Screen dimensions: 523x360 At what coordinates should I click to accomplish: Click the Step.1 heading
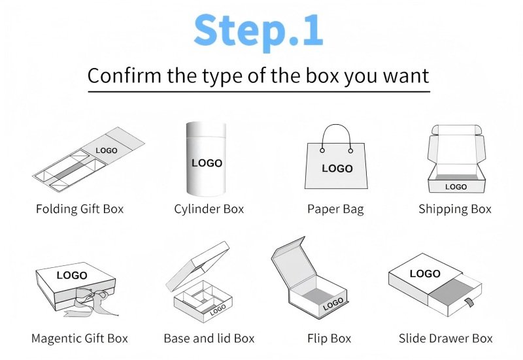(258, 31)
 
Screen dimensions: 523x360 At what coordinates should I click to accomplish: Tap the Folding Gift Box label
(80, 209)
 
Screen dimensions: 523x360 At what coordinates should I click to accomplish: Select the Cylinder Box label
(209, 209)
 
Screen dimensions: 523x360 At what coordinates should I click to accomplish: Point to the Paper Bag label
(335, 209)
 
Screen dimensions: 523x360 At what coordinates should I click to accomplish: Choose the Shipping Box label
(455, 209)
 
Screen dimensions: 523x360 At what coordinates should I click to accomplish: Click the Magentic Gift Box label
(80, 338)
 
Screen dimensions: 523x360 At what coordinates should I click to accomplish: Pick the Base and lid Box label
(209, 338)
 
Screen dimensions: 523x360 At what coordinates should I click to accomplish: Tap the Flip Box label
(329, 338)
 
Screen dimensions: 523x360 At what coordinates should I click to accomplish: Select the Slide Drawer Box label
(446, 338)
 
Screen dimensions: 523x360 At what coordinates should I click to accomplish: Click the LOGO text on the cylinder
(207, 163)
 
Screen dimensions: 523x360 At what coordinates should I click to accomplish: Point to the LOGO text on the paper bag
(337, 169)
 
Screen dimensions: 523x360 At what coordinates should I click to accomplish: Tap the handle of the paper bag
(337, 125)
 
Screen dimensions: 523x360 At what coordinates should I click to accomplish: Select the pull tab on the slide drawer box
(470, 302)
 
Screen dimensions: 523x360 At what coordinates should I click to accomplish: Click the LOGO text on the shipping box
(456, 187)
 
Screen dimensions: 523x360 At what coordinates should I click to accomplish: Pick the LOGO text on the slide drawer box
(426, 274)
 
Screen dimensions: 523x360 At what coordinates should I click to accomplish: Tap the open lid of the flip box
(293, 263)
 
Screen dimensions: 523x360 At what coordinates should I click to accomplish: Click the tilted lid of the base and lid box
(197, 266)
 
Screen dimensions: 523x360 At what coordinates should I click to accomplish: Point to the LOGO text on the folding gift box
(107, 151)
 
